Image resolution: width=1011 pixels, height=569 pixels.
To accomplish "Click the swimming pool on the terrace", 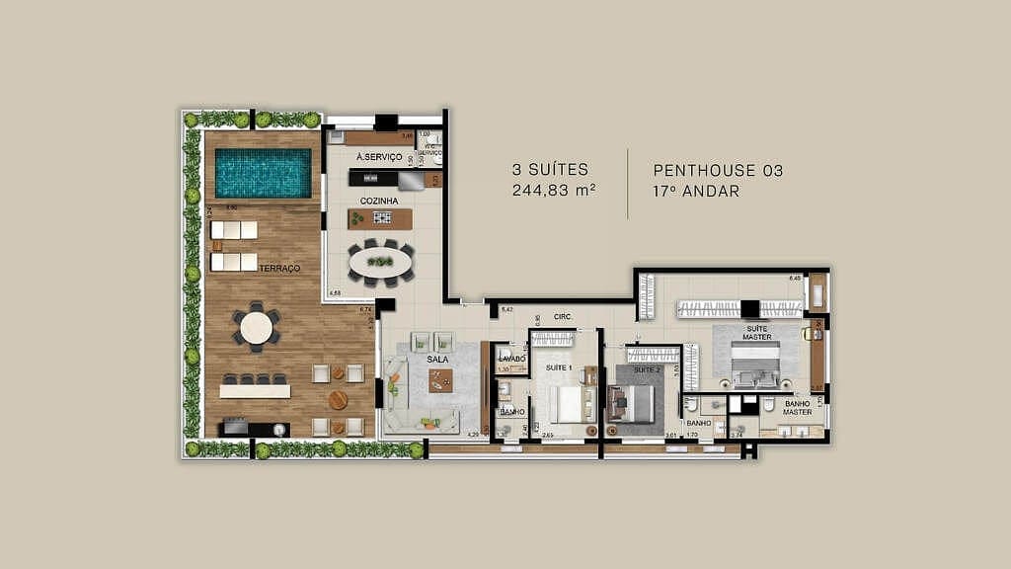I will pos(263,172).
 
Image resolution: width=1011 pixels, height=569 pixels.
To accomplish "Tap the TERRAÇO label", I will pos(280,268).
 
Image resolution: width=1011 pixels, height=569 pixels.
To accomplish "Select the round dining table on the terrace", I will pos(257,328).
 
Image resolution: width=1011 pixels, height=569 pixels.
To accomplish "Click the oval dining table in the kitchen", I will pos(380,262).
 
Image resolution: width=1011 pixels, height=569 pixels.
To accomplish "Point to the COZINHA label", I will pos(379,201).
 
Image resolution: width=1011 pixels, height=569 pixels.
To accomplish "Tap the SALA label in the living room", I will pos(438,360).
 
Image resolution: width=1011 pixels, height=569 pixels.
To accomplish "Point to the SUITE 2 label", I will pos(647,369).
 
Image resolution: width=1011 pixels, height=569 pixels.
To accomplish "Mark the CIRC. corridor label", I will pos(564,317).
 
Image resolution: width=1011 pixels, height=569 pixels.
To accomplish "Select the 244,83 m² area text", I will pos(554,191).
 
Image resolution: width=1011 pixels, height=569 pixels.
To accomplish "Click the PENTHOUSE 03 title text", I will pos(718,170).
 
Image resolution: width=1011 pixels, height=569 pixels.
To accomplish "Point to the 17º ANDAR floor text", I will pos(696,191).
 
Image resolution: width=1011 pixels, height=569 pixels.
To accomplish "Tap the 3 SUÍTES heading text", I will pos(550,170).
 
